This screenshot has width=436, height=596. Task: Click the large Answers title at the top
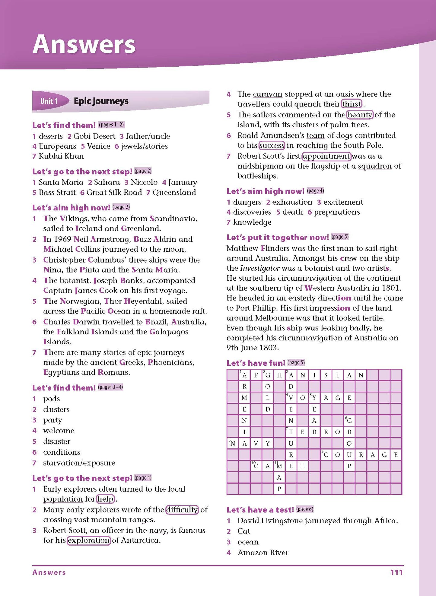[x=84, y=44]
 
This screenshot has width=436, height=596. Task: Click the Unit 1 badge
[x=49, y=101]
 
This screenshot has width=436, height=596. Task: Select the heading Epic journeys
[x=101, y=101]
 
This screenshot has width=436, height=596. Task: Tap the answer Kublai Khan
[x=61, y=156]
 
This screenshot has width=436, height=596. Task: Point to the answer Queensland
[x=174, y=192]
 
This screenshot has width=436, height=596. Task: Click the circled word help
[x=105, y=499]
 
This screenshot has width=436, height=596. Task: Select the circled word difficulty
[x=182, y=509]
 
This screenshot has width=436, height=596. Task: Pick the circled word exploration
[x=89, y=540]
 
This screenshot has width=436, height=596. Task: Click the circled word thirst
[x=352, y=104]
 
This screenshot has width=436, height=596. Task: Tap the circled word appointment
[x=326, y=156]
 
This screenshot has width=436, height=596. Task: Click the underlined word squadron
[x=375, y=166]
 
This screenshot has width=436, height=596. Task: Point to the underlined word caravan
[x=267, y=94]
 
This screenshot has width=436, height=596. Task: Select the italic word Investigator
[x=260, y=268]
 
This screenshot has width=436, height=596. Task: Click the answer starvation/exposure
[x=79, y=463]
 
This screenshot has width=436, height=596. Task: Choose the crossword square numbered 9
[x=326, y=455]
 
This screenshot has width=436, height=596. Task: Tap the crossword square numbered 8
[x=233, y=443]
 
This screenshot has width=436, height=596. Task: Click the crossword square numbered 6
[x=349, y=420]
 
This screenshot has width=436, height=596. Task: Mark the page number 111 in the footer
[x=396, y=572]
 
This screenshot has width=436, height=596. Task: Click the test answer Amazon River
[x=263, y=553]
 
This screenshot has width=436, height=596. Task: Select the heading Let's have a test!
[x=260, y=510]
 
